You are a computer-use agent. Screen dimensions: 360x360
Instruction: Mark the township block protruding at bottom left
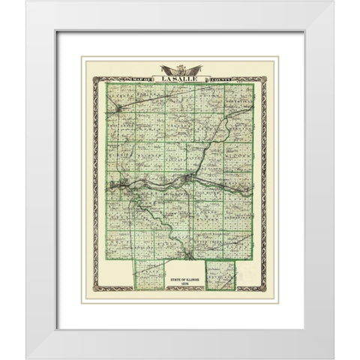coord(148,274)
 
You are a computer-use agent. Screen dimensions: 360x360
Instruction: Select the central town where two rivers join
coord(186,180)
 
